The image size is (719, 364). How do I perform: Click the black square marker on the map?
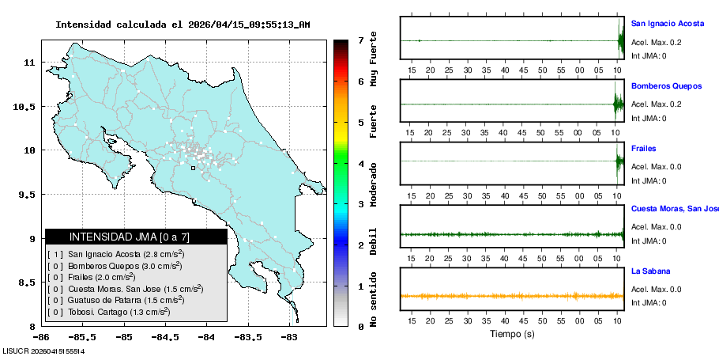tap(193, 168)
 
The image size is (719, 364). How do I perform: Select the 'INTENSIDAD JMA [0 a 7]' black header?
tap(136, 237)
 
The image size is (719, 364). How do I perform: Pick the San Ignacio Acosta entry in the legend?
tap(115, 254)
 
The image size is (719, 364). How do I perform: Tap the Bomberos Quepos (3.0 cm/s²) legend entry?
tap(115, 266)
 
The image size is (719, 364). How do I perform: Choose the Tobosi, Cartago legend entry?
tap(115, 312)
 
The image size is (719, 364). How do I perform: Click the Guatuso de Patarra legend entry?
tap(115, 300)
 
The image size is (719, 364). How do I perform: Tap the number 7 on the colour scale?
tap(360, 40)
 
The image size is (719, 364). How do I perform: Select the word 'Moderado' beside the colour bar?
tap(374, 184)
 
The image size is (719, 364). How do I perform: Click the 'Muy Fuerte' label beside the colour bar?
tap(374, 59)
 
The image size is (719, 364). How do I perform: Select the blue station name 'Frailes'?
tap(643, 149)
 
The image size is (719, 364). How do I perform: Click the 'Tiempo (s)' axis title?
tap(512, 334)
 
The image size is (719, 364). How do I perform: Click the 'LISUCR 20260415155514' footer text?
tap(43, 351)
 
